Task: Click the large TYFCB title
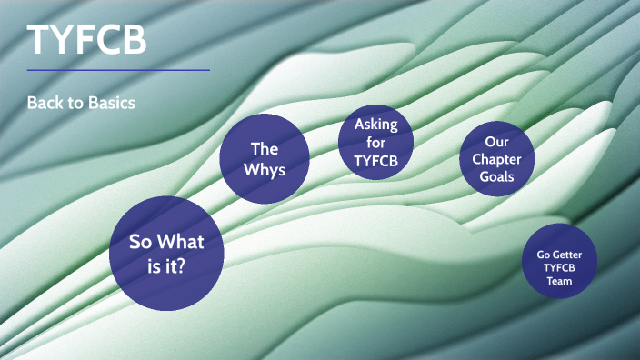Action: click(x=87, y=40)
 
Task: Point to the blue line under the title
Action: click(x=118, y=70)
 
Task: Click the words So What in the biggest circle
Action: click(x=166, y=242)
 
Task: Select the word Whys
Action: click(x=265, y=170)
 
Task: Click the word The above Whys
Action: click(x=265, y=148)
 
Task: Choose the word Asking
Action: click(x=375, y=125)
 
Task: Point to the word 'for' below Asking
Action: click(x=375, y=143)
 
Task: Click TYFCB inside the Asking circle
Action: click(x=375, y=162)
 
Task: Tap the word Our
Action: click(x=496, y=142)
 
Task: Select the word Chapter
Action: click(x=496, y=159)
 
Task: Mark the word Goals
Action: click(x=496, y=176)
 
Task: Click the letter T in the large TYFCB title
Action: click(x=39, y=40)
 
